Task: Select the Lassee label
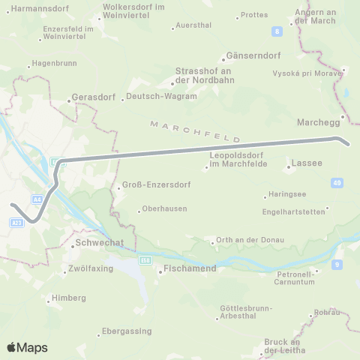click(x=309, y=163)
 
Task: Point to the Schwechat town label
click(x=96, y=245)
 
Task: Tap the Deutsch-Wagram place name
click(x=161, y=96)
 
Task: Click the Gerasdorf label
click(x=91, y=97)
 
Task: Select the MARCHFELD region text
click(x=194, y=130)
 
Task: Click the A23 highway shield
click(x=18, y=222)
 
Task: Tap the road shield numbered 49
click(x=336, y=181)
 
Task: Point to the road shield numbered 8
click(x=277, y=31)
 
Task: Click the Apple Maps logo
click(x=27, y=347)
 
